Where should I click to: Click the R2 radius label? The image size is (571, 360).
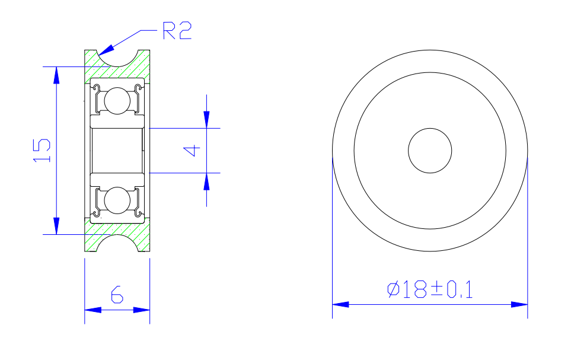point(177,30)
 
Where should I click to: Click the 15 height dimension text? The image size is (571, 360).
point(42,151)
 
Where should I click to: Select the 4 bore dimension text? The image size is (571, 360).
point(191,151)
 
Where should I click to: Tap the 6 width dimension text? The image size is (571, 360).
point(117,294)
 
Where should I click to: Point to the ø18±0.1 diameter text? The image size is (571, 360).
point(430,289)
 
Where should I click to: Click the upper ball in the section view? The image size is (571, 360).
point(116,100)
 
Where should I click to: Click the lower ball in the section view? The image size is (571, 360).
point(116,200)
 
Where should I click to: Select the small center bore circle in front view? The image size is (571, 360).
point(430,151)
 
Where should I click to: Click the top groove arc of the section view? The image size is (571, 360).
point(117,59)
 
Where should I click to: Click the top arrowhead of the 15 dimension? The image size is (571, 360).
point(56,74)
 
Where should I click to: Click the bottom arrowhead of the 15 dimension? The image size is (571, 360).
point(56,227)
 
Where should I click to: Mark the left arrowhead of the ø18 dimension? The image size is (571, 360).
point(340,304)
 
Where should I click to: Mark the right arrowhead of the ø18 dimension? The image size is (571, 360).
point(520,304)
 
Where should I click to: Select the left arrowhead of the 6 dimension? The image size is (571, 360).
point(92,310)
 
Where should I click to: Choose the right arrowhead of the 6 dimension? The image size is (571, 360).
point(142,310)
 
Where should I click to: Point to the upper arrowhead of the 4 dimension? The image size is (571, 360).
point(206,120)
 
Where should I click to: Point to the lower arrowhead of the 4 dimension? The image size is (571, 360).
point(206,181)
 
